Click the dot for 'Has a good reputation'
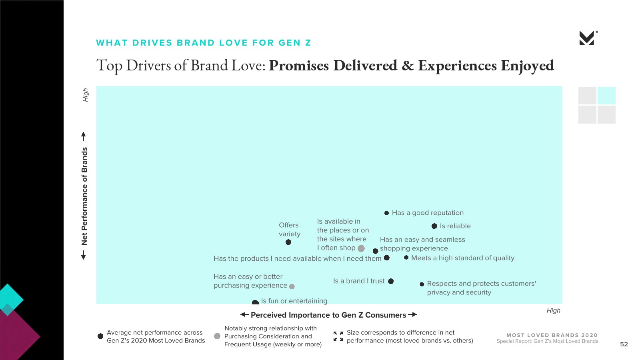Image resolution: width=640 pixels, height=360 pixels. tap(386, 213)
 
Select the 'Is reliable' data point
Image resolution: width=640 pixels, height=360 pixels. tap(434, 226)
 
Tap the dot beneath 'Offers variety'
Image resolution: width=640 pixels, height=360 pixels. tap(288, 242)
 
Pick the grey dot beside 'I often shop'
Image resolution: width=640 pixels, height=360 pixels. tap(361, 248)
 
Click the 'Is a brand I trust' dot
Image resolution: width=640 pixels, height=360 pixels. tap(391, 281)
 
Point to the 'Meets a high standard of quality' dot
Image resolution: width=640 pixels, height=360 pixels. tap(406, 258)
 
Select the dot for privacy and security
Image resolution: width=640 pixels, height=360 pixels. tap(422, 284)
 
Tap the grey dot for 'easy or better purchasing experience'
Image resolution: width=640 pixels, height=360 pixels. tap(292, 286)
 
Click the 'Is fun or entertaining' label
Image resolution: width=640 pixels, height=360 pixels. tap(294, 301)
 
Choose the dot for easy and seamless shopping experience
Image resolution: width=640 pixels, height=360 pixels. tap(376, 251)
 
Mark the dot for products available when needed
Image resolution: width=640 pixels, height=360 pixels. tap(386, 258)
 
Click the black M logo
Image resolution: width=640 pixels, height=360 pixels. tap(588, 38)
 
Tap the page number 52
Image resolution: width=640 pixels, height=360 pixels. tap(624, 344)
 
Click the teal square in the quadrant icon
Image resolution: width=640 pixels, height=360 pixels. tap(606, 96)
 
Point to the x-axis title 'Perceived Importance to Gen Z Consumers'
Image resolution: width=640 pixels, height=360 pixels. tap(328, 315)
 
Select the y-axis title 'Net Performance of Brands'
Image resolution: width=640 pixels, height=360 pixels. tap(84, 196)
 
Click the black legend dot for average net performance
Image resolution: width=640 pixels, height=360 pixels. tap(100, 336)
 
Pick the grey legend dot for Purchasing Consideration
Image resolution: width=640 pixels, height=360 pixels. tap(217, 336)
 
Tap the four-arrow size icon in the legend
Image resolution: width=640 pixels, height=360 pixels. tap(338, 336)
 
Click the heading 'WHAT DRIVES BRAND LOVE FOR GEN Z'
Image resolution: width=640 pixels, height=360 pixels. tap(204, 43)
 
